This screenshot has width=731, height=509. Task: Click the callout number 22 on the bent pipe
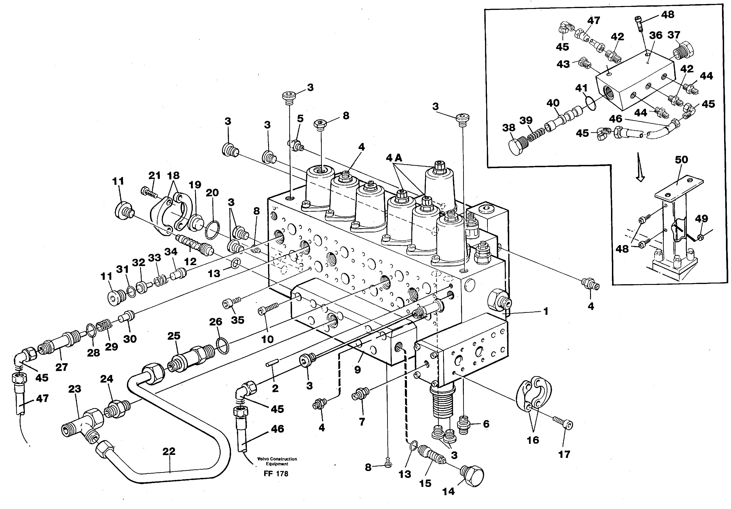[x=169, y=451]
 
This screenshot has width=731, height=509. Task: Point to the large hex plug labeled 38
[x=517, y=146]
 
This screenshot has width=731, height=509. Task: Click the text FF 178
[x=276, y=474]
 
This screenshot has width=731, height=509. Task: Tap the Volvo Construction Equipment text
[x=277, y=461]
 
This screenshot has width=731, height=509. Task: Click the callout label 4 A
[x=394, y=158]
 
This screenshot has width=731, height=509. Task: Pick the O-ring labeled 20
[x=212, y=230]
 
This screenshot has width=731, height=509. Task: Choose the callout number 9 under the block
[x=357, y=370]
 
